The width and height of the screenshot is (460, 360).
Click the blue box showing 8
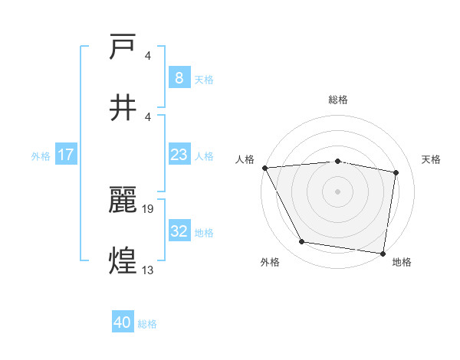pyautogui.click(x=179, y=77)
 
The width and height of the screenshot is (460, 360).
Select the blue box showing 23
pyautogui.click(x=179, y=155)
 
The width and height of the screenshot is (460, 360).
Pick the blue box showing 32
pyautogui.click(x=179, y=231)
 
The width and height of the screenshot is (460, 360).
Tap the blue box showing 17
pyautogui.click(x=66, y=155)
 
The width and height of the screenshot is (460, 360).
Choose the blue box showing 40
pyautogui.click(x=123, y=322)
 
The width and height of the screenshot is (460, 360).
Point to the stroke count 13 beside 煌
pyautogui.click(x=148, y=270)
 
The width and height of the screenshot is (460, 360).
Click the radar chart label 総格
pyautogui.click(x=338, y=100)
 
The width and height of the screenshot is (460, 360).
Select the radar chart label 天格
pyautogui.click(x=432, y=159)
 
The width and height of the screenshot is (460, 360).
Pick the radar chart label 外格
pyautogui.click(x=270, y=262)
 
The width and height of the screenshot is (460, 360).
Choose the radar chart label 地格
pyautogui.click(x=402, y=262)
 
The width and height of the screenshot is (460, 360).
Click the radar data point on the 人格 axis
pyautogui.click(x=264, y=168)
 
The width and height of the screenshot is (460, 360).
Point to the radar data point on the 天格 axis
pyautogui.click(x=396, y=172)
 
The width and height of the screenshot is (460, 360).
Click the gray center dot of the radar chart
pyautogui.click(x=338, y=191)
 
